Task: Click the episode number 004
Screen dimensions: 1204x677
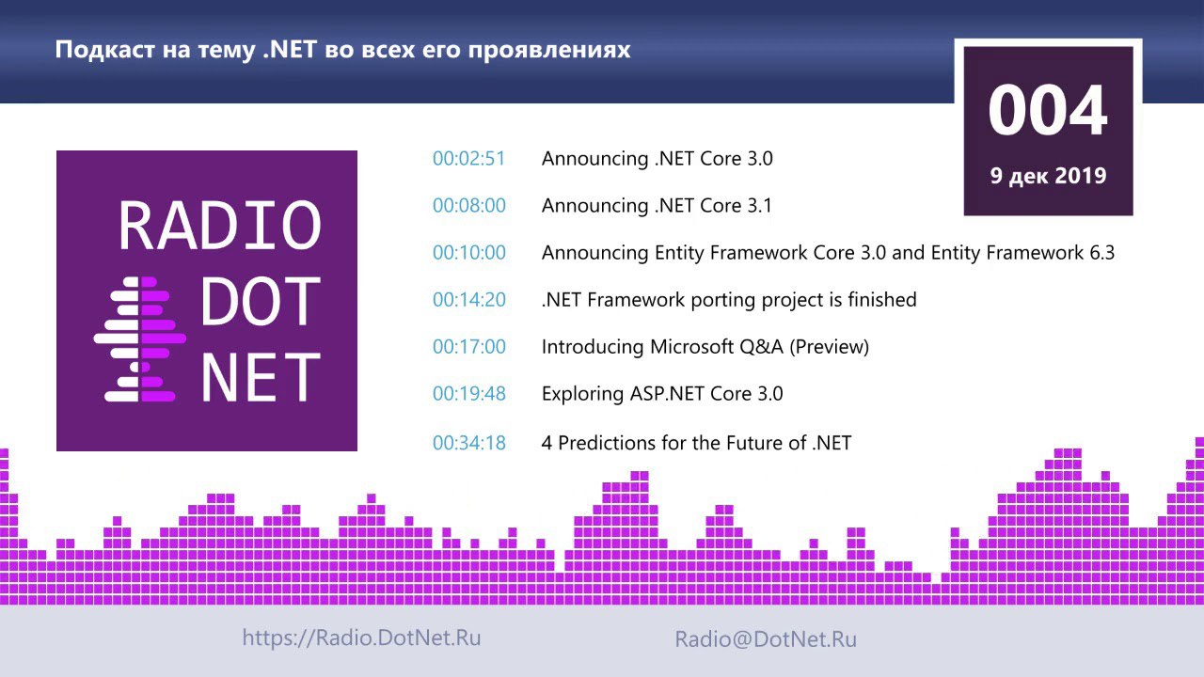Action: [1048, 110]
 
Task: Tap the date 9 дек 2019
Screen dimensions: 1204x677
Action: [1048, 176]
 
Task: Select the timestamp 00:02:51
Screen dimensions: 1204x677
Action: [469, 159]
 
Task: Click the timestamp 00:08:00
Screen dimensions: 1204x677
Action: [469, 205]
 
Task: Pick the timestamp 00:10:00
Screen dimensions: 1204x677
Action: [469, 253]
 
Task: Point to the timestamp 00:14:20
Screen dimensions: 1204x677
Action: [469, 299]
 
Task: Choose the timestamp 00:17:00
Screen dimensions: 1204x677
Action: [469, 347]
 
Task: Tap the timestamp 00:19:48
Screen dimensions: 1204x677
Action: [469, 394]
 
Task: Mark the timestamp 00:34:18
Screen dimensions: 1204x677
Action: [469, 443]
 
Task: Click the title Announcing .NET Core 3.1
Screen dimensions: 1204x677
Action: [657, 205]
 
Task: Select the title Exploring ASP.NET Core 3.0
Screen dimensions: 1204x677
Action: [662, 394]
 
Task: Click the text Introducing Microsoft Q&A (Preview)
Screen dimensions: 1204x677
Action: [705, 347]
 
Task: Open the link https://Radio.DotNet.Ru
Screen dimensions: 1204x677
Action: [361, 638]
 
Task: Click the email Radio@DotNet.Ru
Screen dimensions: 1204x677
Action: [766, 638]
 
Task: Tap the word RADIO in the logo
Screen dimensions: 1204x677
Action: [220, 226]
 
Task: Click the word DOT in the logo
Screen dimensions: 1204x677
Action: [261, 301]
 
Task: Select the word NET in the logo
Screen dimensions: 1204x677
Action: [261, 377]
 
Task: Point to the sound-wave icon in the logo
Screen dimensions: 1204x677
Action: [140, 339]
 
